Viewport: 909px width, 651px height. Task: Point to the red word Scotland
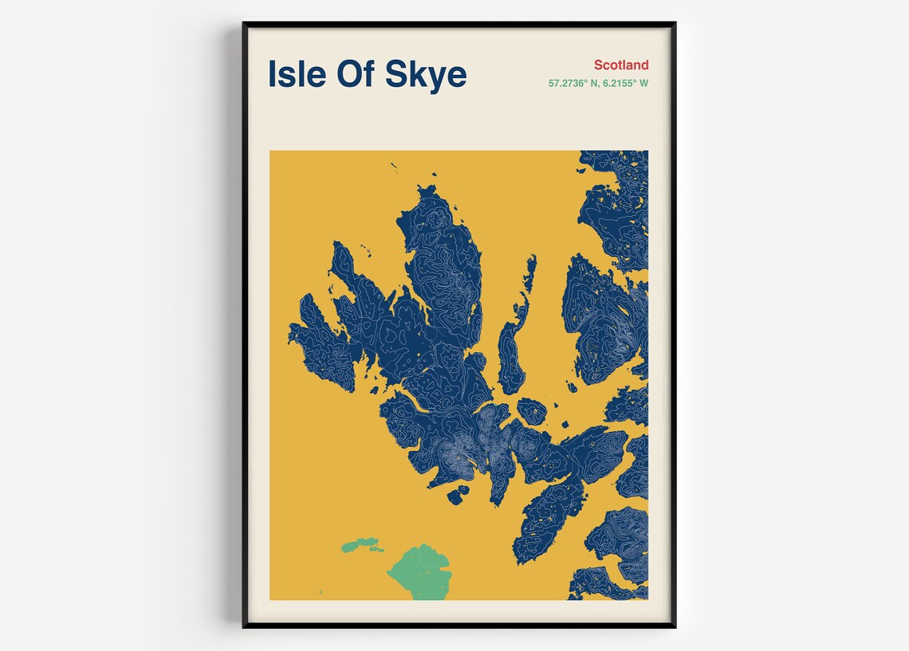pos(621,65)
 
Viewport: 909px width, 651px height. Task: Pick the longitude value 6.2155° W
pos(627,83)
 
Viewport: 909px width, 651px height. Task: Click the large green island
pos(420,571)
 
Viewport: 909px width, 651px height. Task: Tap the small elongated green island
pos(361,546)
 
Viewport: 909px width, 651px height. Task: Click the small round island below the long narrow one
pos(532,411)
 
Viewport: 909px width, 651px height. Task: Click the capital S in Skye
pos(398,74)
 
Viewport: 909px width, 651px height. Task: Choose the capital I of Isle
pos(272,74)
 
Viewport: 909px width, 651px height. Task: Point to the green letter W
pos(643,83)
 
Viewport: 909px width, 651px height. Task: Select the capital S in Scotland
pos(598,65)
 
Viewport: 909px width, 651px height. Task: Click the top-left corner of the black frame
pos(244,24)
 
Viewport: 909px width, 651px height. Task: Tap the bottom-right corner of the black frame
pos(675,626)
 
